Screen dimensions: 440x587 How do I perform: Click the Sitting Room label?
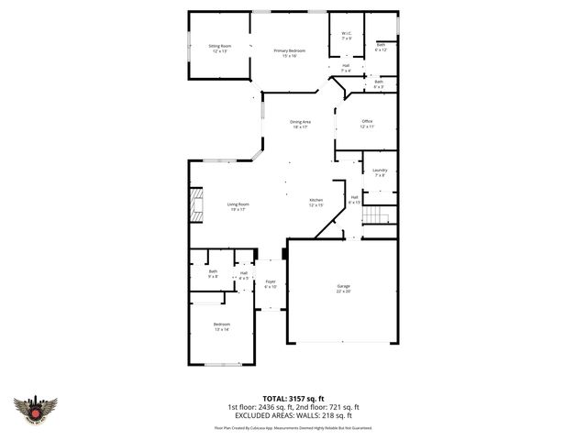218,49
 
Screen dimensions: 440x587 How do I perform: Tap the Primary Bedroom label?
284,53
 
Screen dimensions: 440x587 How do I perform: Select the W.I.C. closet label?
346,37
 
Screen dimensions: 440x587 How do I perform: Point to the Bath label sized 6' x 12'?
381,47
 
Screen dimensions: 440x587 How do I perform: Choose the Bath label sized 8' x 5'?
379,84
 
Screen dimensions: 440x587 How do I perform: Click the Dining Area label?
301,125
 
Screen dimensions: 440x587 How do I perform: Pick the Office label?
367,124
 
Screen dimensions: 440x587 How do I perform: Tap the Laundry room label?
380,172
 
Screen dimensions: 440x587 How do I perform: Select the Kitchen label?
316,203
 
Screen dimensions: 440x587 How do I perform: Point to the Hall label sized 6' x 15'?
354,199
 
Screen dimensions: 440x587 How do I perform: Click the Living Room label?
238,207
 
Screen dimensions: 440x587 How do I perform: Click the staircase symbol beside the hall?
377,216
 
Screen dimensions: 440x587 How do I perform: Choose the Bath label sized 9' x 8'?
213,274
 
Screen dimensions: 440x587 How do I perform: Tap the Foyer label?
271,284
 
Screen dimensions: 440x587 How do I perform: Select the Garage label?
342,289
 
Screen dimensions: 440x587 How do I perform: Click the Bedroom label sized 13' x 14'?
222,327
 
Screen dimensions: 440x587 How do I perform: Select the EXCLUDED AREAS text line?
293,415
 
